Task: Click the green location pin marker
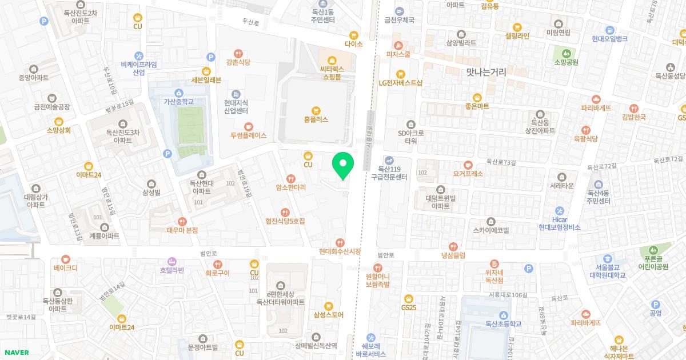pyautogui.click(x=343, y=165)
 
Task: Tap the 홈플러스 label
pyautogui.click(x=316, y=120)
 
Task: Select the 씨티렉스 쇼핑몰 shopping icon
pyautogui.click(x=331, y=59)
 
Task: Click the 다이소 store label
pyautogui.click(x=354, y=43)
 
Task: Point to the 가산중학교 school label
pyautogui.click(x=179, y=102)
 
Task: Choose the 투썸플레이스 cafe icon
pyautogui.click(x=248, y=126)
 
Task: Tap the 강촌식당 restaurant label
pyautogui.click(x=238, y=62)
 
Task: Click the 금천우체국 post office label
pyautogui.click(x=400, y=19)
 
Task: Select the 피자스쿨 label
pyautogui.click(x=398, y=55)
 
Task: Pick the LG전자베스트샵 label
pyautogui.click(x=400, y=82)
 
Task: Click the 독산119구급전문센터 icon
pyautogui.click(x=389, y=160)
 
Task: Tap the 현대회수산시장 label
pyautogui.click(x=340, y=251)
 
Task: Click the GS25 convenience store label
pyautogui.click(x=408, y=307)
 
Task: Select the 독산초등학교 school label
pyautogui.click(x=503, y=323)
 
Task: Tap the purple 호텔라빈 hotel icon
pyautogui.click(x=171, y=261)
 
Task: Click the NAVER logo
pyautogui.click(x=15, y=352)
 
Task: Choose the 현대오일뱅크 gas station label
pyautogui.click(x=610, y=39)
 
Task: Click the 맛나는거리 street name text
pyautogui.click(x=486, y=72)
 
